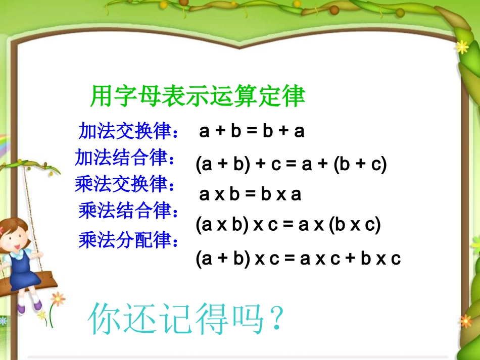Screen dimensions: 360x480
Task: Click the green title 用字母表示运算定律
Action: tap(198, 96)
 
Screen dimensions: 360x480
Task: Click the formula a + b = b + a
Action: tap(252, 131)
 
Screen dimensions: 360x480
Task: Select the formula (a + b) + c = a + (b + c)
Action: tap(291, 165)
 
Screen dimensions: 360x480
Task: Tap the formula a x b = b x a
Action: tap(250, 194)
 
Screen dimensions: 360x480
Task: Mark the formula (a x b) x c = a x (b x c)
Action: tap(288, 225)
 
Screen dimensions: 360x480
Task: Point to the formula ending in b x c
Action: tap(298, 259)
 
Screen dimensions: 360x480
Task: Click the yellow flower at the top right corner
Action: tap(462, 47)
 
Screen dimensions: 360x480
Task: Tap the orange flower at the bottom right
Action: tap(465, 321)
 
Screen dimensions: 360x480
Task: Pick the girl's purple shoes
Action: tap(28, 305)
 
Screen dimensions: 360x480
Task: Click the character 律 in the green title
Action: tap(294, 96)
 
